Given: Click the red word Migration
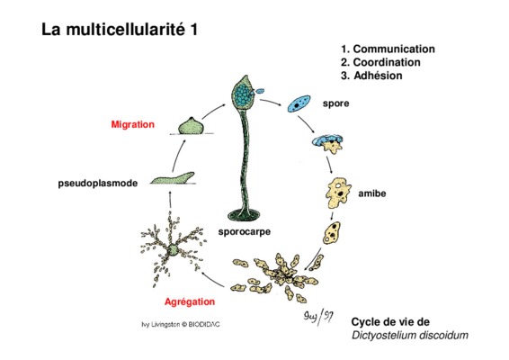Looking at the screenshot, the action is click(x=133, y=124).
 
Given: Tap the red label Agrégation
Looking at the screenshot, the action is click(x=190, y=301).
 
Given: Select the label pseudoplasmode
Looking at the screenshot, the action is click(x=98, y=184).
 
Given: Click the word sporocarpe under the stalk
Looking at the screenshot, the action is click(x=245, y=232).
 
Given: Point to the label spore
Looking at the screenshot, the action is click(x=336, y=103).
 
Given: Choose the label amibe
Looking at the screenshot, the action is click(x=372, y=193).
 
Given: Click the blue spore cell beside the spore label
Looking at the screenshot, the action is click(x=299, y=103).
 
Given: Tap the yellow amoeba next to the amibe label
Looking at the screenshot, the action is click(x=338, y=193).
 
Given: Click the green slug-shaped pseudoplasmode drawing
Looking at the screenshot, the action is click(x=173, y=178).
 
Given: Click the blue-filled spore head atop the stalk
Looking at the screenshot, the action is click(x=243, y=93).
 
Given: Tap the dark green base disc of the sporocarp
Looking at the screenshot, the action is click(x=244, y=215).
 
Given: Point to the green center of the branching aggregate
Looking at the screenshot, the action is click(x=173, y=251).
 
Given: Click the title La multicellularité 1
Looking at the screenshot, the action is click(x=120, y=30).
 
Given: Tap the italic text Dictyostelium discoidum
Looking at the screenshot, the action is click(x=410, y=336).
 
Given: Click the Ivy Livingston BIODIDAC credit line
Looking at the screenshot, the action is click(x=181, y=324).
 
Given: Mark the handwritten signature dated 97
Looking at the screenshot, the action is click(x=318, y=317).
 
